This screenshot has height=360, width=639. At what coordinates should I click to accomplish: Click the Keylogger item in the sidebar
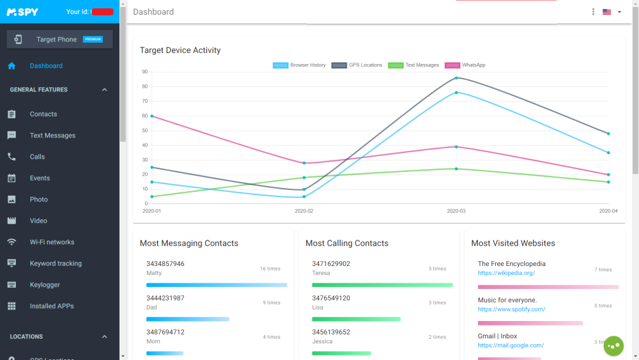click(x=44, y=285)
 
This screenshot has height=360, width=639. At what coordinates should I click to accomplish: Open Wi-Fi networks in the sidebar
click(x=52, y=242)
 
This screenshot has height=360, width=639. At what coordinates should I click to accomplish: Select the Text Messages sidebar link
click(x=52, y=136)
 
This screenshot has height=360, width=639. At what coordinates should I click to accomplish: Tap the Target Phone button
click(x=59, y=39)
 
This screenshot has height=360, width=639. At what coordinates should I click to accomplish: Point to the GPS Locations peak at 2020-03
click(x=456, y=78)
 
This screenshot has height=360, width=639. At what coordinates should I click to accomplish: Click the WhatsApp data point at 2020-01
click(x=152, y=116)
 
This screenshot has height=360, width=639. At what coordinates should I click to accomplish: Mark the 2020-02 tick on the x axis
click(x=304, y=211)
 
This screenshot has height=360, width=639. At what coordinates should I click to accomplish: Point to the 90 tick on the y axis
click(x=145, y=72)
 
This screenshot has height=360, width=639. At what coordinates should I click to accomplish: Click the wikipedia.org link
click(x=506, y=273)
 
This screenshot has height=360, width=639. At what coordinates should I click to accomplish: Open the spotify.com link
click(x=511, y=309)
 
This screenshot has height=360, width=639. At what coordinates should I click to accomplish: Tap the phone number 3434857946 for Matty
click(x=165, y=263)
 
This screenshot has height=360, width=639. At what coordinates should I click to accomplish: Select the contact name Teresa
click(x=321, y=273)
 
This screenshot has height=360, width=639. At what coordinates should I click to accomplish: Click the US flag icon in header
click(x=606, y=12)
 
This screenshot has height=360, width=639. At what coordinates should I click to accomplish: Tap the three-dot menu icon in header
click(x=593, y=12)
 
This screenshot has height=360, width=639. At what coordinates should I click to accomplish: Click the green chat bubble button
click(x=613, y=346)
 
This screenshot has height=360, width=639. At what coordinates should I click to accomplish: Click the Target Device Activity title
click(x=180, y=51)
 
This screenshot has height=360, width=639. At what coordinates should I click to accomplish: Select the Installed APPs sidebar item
click(x=52, y=306)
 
